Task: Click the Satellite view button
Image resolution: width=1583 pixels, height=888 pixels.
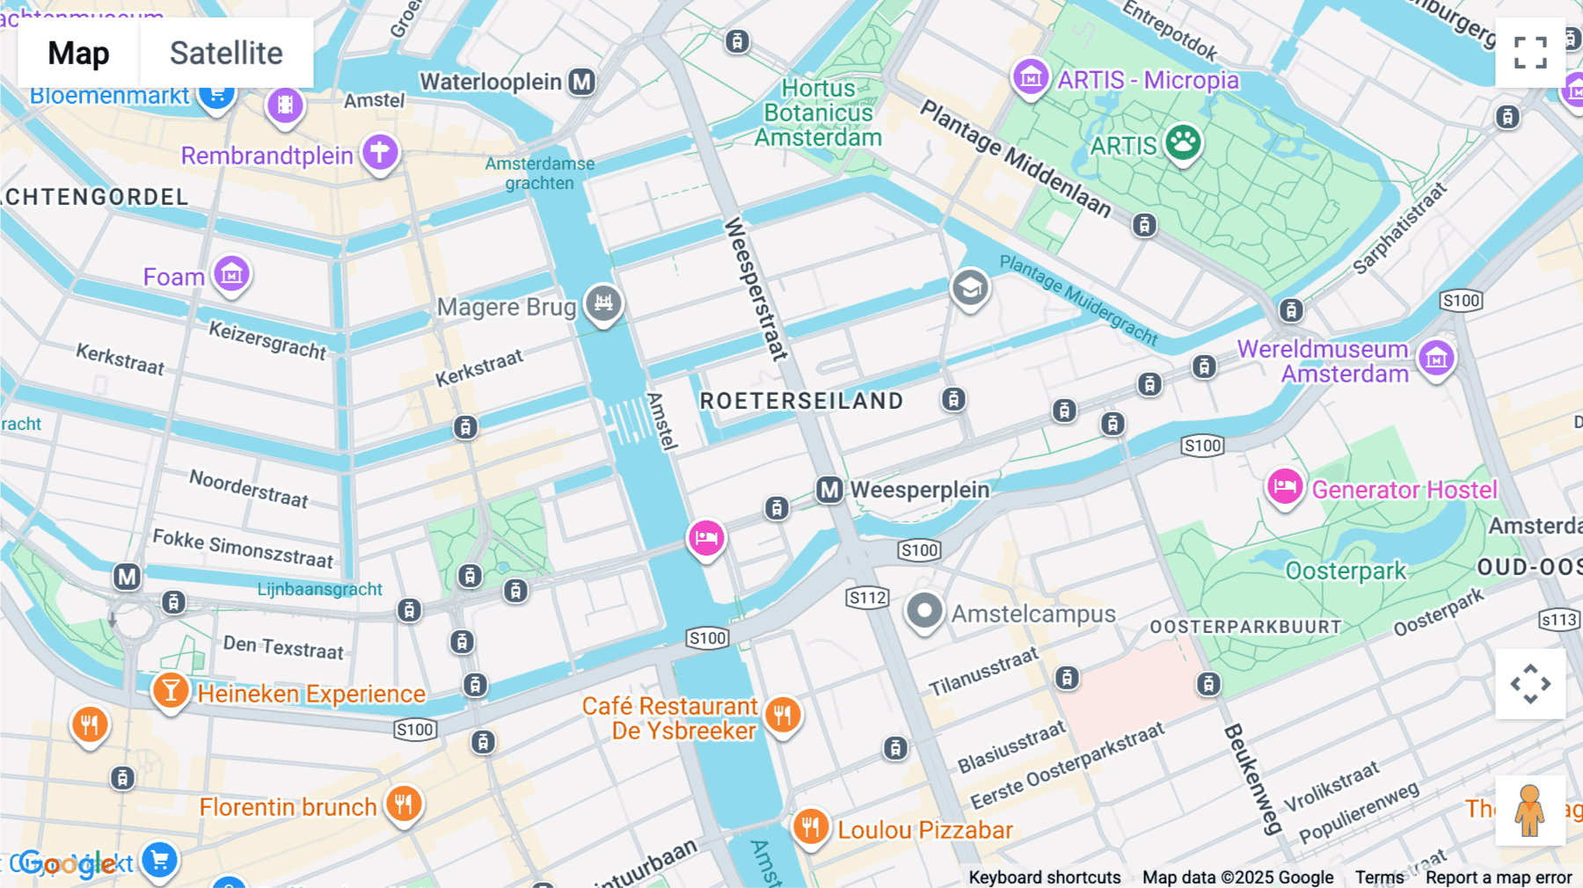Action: point(226,53)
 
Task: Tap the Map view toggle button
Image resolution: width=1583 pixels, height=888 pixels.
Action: point(78,53)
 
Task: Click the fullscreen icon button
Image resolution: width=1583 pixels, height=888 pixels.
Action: point(1530,53)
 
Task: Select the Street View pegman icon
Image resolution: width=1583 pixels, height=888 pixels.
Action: point(1530,810)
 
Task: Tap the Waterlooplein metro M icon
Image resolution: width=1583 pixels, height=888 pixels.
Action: point(581,83)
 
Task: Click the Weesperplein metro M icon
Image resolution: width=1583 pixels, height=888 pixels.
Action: point(829,490)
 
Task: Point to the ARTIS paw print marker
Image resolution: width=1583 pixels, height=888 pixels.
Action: point(1183,142)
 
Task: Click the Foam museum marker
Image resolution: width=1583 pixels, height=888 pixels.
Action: point(232,273)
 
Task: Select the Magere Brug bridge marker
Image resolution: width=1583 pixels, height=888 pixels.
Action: point(603,303)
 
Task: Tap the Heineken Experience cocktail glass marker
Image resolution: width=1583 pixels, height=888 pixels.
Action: point(171,691)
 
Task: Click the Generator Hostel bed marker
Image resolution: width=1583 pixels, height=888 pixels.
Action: point(1285,486)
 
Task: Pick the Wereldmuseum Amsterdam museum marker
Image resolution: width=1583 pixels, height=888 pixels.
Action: point(1437,358)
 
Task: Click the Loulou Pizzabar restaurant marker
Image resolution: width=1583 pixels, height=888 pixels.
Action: point(810,827)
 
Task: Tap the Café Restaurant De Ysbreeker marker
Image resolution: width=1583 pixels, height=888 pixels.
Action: point(782,715)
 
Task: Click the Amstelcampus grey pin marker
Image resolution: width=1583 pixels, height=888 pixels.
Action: point(924,610)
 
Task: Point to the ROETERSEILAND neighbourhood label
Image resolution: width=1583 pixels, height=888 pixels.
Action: point(801,401)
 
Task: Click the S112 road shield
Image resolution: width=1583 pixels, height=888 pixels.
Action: point(867,598)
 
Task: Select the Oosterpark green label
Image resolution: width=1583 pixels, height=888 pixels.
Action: point(1346,571)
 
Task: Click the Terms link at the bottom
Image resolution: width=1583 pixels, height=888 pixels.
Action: point(1379,877)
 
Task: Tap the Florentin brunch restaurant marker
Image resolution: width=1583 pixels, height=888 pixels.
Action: point(404,804)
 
